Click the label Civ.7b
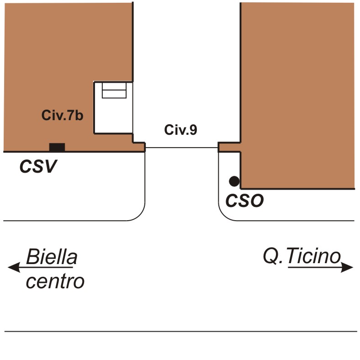[x=63, y=116]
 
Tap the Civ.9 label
[x=181, y=130]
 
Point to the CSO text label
[x=245, y=201]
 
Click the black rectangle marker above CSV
[x=57, y=147]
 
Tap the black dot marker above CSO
[x=234, y=181]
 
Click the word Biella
[x=51, y=258]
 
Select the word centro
[x=55, y=281]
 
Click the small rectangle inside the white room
[x=114, y=90]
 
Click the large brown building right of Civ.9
[x=297, y=91]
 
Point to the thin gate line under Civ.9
[x=181, y=148]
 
